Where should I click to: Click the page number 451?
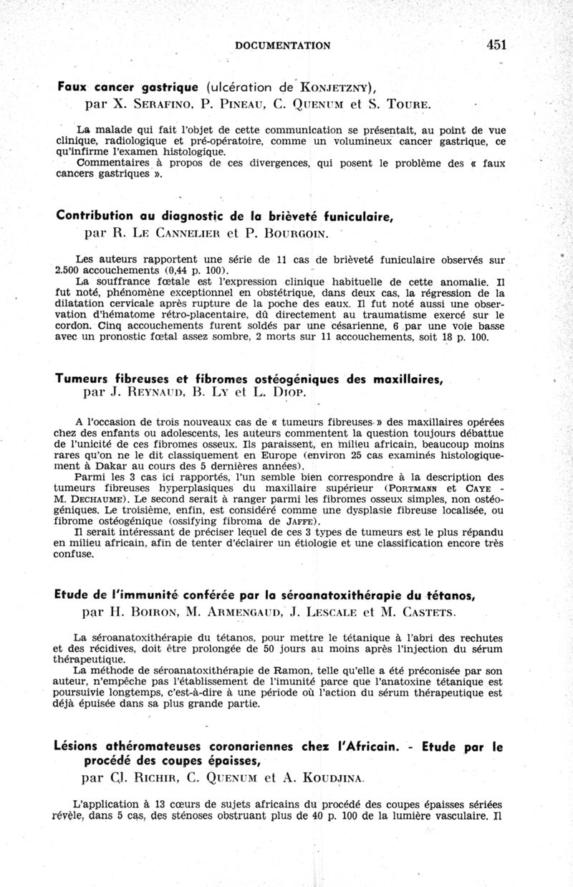pyautogui.click(x=496, y=44)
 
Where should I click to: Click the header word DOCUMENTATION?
pyautogui.click(x=282, y=46)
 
